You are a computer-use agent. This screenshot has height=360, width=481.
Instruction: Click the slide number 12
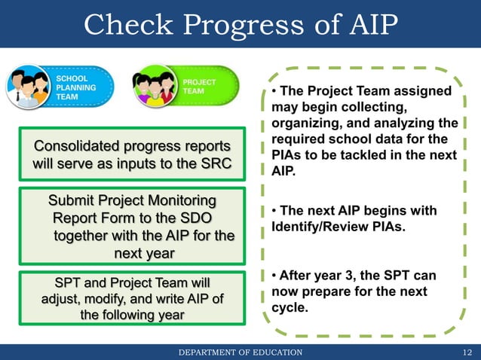[x=467, y=352]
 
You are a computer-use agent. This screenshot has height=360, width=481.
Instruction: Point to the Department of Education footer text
[x=240, y=352]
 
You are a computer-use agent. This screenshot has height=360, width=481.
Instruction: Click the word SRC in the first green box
[x=217, y=163]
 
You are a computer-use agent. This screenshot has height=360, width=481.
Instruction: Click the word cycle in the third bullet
[x=288, y=308]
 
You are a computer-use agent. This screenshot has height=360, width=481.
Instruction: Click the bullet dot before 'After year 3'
[x=274, y=275]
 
